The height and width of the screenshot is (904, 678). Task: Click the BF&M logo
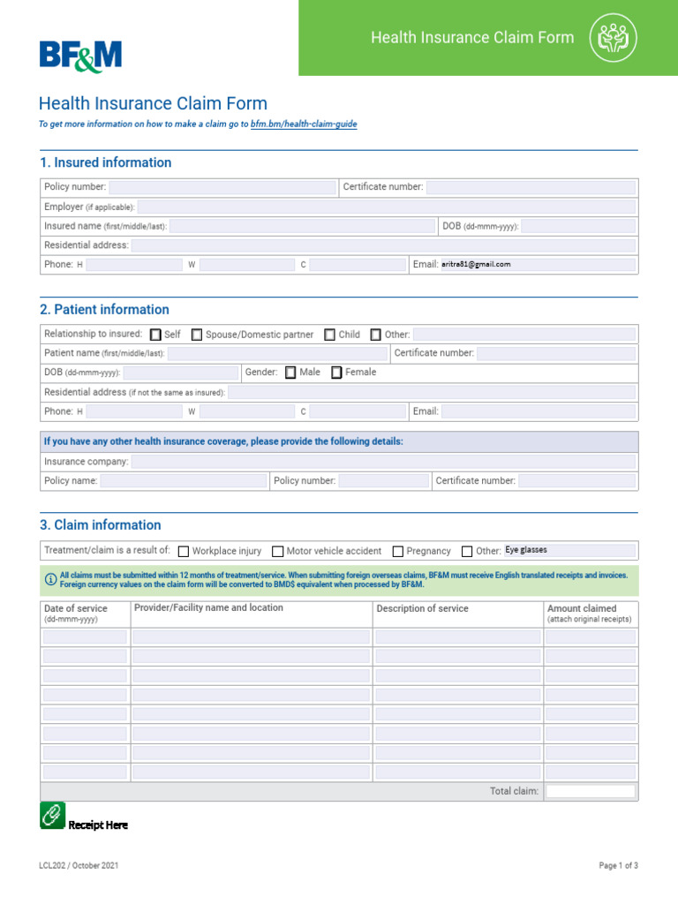(80, 56)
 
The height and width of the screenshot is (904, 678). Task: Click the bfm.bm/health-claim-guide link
(303, 124)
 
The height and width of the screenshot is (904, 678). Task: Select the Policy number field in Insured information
(222, 187)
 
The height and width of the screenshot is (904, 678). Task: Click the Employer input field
(386, 207)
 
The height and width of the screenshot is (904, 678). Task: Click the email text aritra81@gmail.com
(476, 264)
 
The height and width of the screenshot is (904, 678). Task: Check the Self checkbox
(156, 335)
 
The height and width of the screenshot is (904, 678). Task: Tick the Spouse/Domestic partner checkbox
(197, 335)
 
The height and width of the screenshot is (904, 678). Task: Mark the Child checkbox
(329, 335)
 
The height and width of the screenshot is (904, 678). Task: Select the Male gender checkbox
(290, 373)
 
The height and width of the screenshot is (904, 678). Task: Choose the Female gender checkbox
(336, 373)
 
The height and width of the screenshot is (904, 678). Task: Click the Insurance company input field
(383, 462)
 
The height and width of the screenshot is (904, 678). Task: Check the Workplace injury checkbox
(184, 551)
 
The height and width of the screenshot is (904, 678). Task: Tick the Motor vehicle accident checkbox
(278, 551)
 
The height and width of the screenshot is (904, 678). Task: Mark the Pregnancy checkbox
(398, 551)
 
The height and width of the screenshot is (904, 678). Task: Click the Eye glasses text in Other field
(526, 550)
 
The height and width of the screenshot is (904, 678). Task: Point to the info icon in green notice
(50, 579)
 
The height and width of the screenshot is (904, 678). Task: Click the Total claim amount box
(590, 791)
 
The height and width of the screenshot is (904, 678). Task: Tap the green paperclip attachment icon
(53, 815)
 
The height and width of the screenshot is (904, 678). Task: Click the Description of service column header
(422, 608)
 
